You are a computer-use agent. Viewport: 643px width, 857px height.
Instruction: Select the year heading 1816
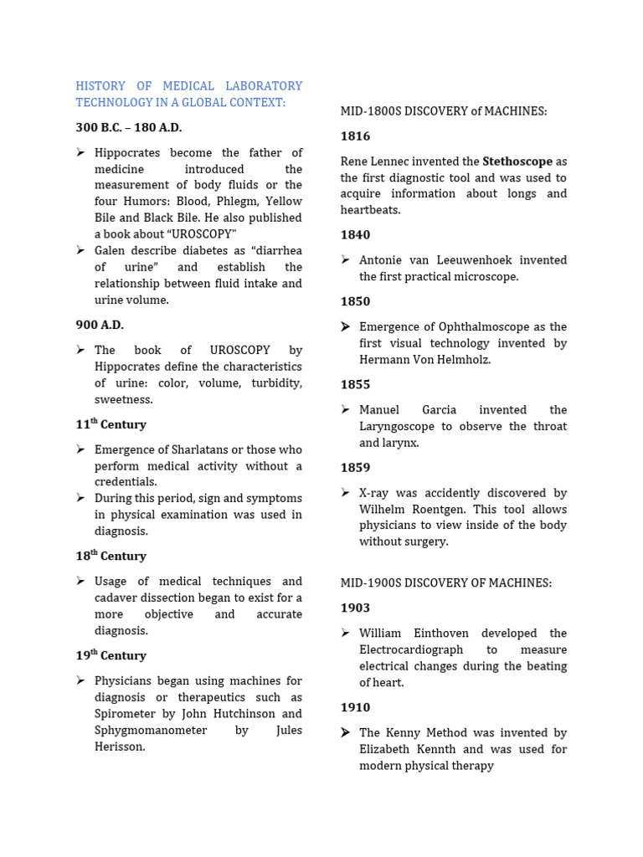(355, 136)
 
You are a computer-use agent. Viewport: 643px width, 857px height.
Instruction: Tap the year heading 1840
(355, 235)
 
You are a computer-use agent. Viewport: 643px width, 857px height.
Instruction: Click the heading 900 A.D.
(100, 325)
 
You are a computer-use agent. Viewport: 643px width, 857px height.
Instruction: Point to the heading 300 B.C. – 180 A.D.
(128, 127)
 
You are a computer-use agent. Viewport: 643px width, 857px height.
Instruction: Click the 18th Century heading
(111, 556)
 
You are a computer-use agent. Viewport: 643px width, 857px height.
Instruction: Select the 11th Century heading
(111, 424)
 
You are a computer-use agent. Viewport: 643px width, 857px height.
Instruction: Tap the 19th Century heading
(111, 655)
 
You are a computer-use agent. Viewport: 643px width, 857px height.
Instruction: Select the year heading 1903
(355, 608)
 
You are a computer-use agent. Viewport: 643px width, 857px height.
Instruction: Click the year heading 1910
(355, 708)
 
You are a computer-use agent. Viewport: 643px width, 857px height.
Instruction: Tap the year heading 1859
(355, 468)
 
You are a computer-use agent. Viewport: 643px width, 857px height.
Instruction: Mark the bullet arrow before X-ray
(345, 493)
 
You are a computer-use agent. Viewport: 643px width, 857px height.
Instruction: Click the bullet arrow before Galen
(80, 250)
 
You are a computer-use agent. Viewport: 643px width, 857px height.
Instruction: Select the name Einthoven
(448, 633)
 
